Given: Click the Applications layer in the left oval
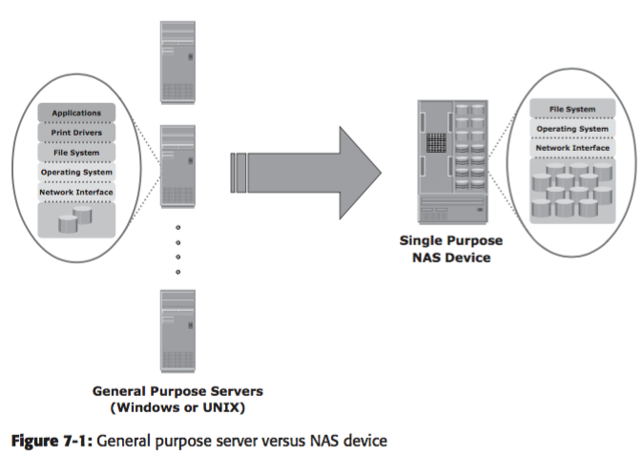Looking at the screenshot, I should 76,113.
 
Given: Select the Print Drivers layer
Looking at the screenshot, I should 76,133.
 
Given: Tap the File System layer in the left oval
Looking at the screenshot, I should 76,153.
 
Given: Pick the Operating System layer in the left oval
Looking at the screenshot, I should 76,173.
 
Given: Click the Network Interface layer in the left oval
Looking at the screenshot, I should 76,193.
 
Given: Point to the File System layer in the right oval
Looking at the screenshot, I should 572,110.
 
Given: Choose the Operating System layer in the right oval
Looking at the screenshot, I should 572,129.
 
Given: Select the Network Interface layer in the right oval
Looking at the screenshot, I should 572,148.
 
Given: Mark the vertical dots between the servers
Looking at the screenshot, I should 176,250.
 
